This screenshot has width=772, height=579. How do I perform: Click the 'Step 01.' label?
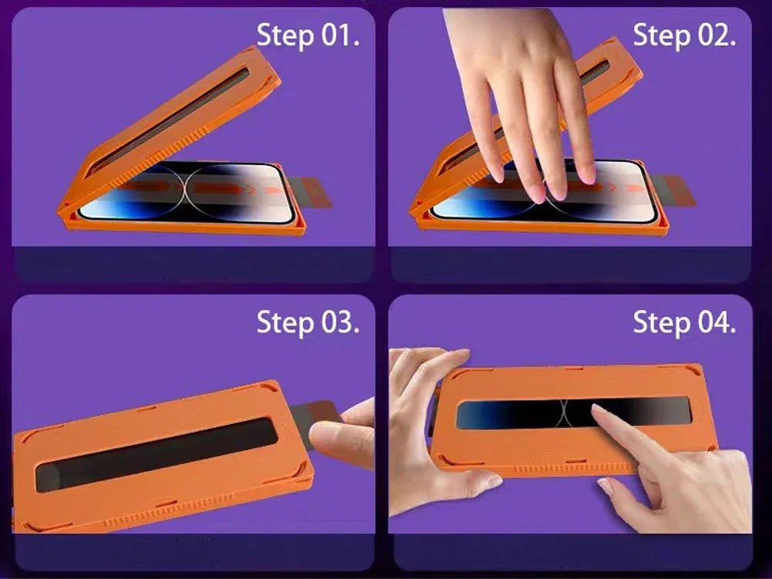pos(307,36)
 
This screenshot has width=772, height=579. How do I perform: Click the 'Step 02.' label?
pos(684,36)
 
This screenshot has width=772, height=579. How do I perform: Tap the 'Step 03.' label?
pos(307,323)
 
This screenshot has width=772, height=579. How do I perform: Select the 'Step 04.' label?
pos(684,323)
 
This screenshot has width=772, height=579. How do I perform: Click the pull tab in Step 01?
pos(311,192)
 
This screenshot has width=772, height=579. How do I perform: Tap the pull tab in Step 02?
pos(675,190)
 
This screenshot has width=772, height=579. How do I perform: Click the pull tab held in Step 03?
pos(311,419)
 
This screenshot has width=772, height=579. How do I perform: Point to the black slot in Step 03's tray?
pos(156,454)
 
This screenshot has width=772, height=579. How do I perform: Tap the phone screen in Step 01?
pos(187,191)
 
